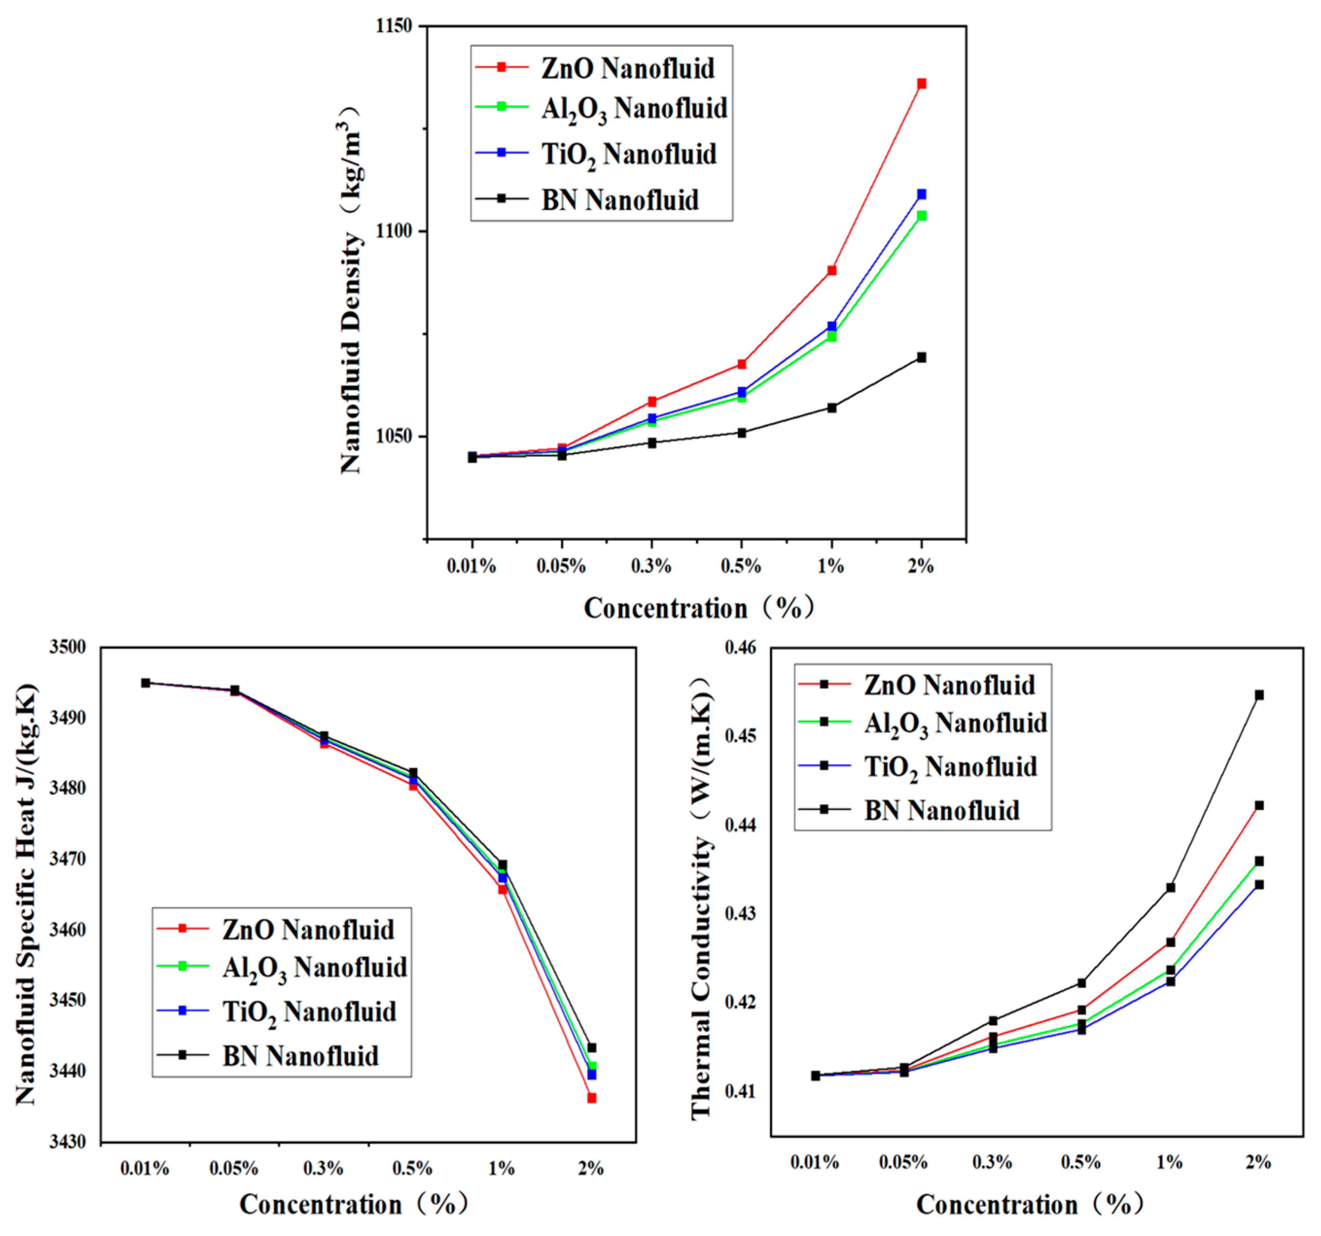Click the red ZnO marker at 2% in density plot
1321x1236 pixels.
[921, 84]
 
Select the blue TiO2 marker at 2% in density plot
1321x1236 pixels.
[921, 194]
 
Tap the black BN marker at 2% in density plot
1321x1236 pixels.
[921, 357]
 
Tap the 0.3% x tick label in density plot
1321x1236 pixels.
[651, 567]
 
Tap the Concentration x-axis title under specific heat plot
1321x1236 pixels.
[354, 1204]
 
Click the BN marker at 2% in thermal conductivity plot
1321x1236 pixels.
[1259, 695]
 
